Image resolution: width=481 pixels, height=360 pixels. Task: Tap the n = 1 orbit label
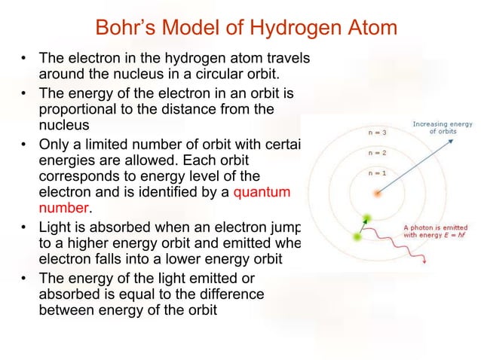click(378, 173)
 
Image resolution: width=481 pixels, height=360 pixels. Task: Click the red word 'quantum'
click(262, 192)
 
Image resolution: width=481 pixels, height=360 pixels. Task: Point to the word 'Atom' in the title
click(369, 29)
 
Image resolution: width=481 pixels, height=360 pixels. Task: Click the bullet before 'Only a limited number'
click(25, 142)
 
